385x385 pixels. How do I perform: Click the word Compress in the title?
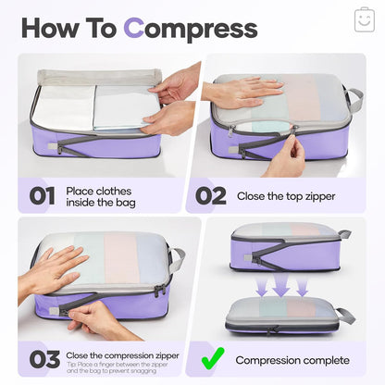pos(191,28)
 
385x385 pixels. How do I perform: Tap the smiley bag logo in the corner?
pos(364,19)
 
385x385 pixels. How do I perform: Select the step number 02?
pos(209,196)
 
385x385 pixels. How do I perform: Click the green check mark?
pos(212,358)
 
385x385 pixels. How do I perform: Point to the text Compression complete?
pos(292,360)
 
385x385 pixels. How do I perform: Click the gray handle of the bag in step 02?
pos(353,99)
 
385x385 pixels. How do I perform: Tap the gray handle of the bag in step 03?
pos(176,259)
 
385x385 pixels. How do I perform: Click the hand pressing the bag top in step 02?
pos(242,91)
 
